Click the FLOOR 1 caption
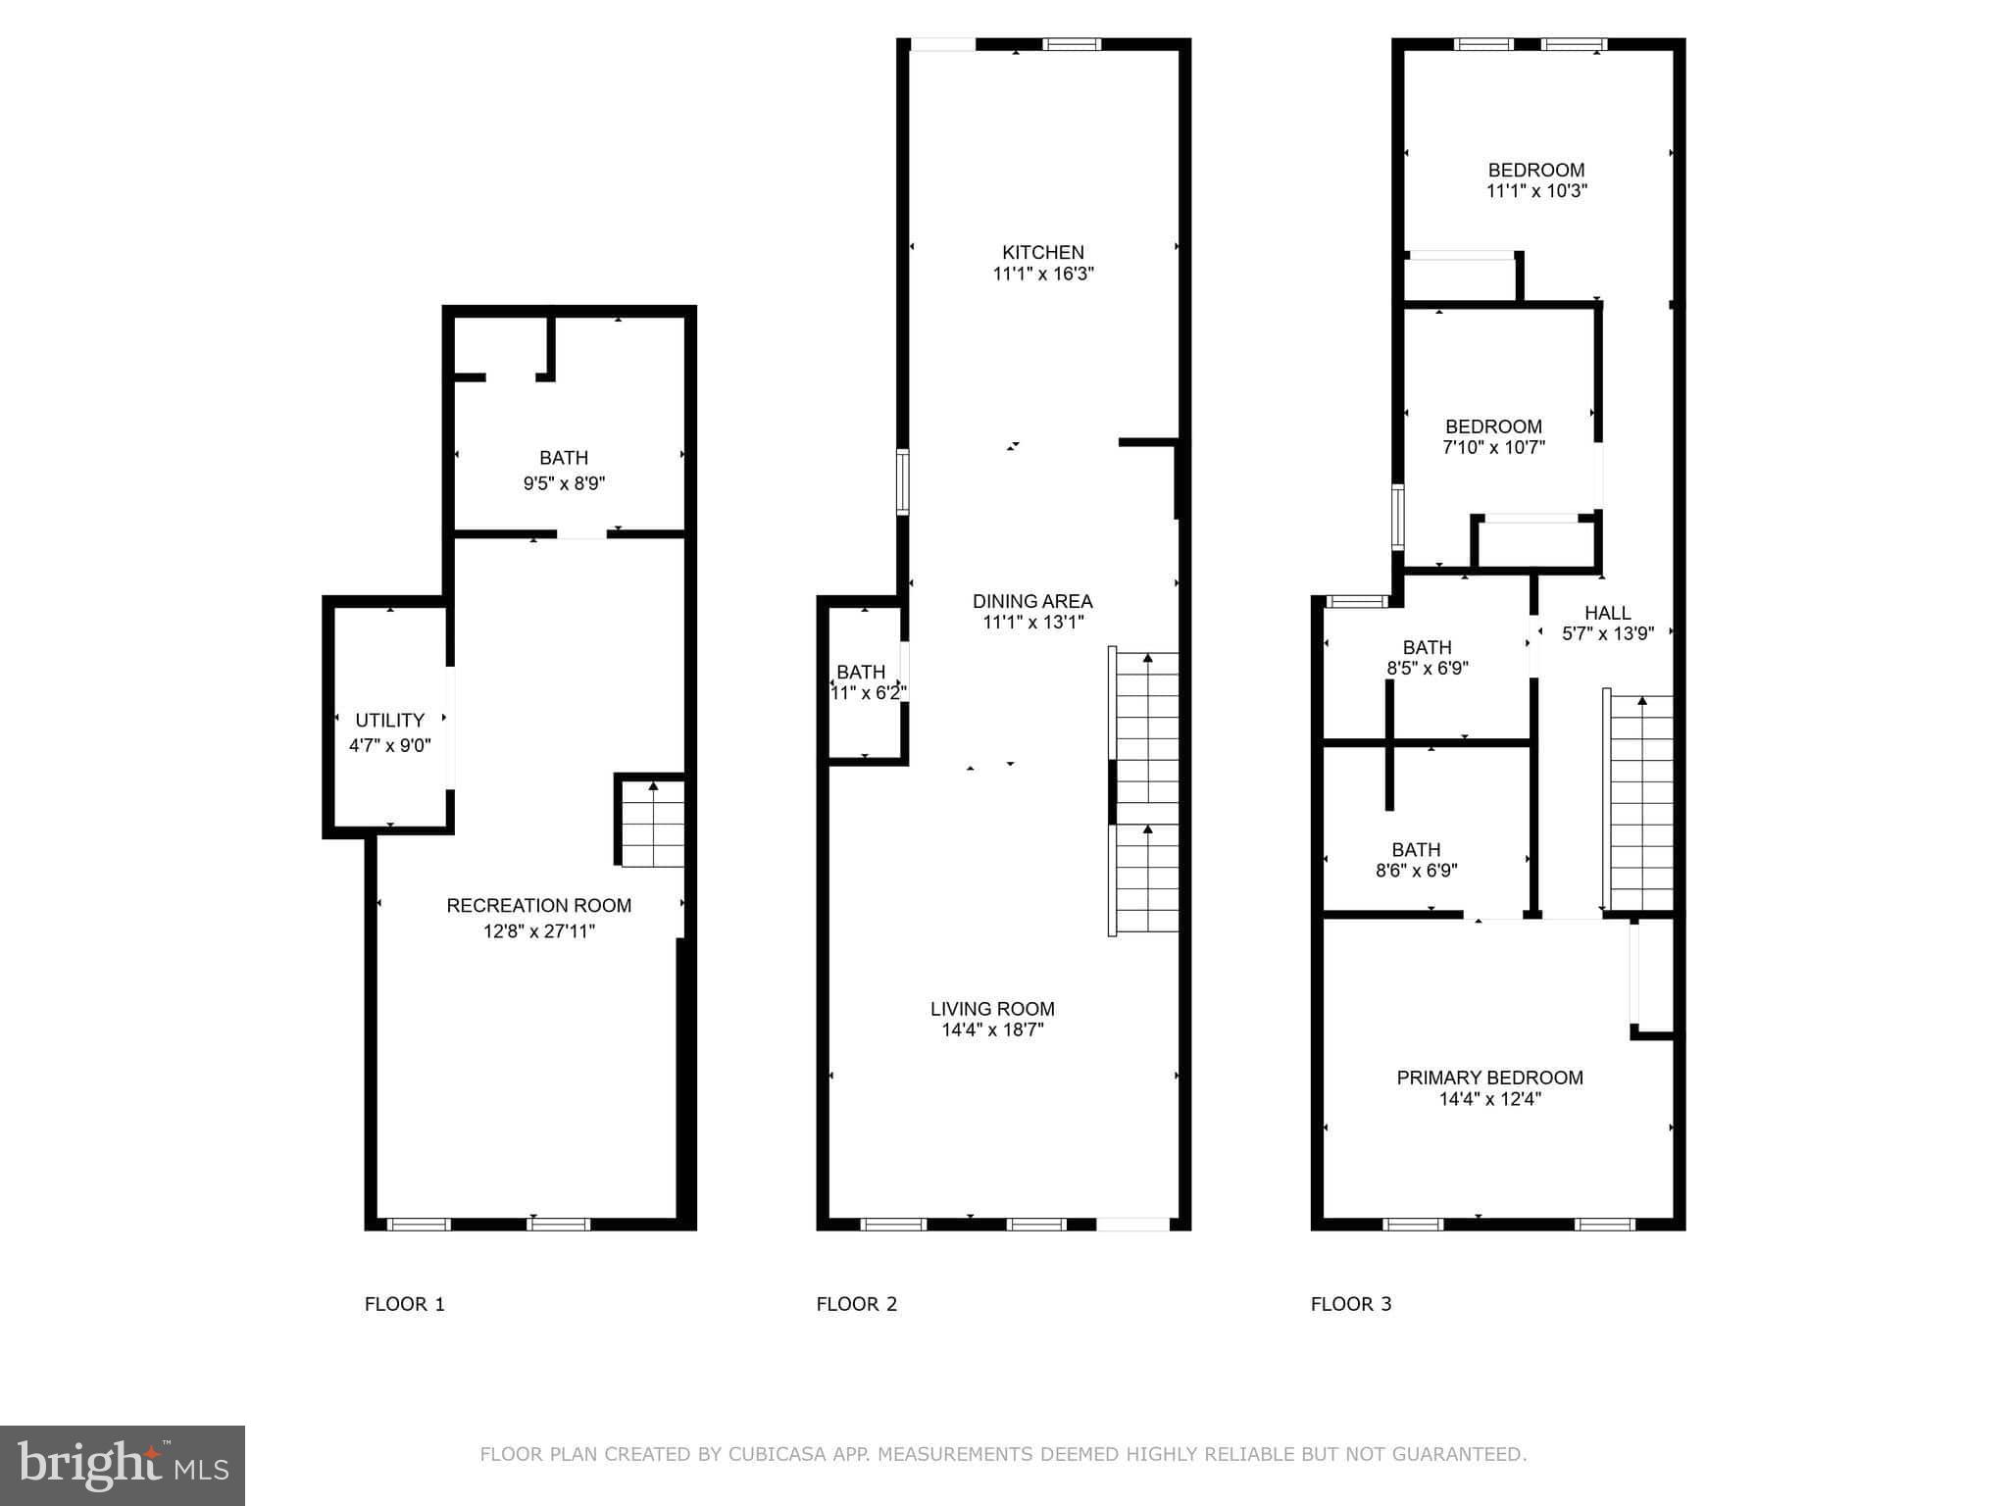click(404, 1304)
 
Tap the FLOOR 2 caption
click(856, 1304)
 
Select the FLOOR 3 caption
click(1350, 1304)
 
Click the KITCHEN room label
click(1042, 252)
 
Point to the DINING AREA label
click(1031, 601)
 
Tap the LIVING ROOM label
click(992, 1008)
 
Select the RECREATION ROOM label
click(538, 905)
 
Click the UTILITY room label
click(389, 720)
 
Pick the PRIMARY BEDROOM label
click(1489, 1078)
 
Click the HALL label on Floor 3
click(1607, 613)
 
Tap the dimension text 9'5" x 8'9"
click(564, 483)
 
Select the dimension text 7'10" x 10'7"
click(1493, 448)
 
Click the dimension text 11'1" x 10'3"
click(1536, 191)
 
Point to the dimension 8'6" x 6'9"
click(1416, 871)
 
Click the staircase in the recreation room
click(652, 824)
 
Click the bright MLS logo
click(123, 1465)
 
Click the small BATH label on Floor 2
click(860, 672)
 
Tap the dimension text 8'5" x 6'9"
click(1427, 669)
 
